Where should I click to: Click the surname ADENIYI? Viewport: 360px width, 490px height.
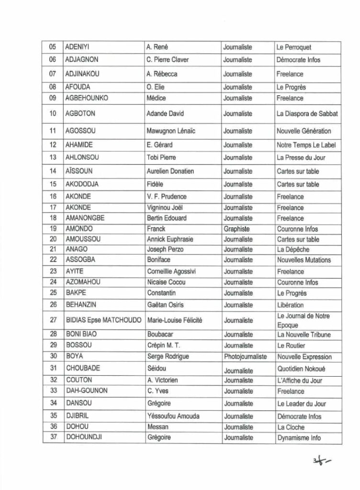pyautogui.click(x=78, y=47)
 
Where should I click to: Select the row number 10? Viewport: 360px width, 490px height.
pyautogui.click(x=53, y=114)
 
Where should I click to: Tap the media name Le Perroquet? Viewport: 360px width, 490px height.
pyautogui.click(x=294, y=47)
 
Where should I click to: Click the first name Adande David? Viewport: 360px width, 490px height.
pyautogui.click(x=166, y=114)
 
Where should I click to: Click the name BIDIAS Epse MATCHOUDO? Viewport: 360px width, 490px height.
pyautogui.click(x=103, y=320)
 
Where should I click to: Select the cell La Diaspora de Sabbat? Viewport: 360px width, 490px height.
pyautogui.click(x=307, y=114)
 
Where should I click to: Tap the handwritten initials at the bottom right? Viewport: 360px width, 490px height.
pyautogui.click(x=321, y=461)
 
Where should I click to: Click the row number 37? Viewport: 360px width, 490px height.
pyautogui.click(x=53, y=437)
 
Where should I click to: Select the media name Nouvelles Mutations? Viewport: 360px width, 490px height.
pyautogui.click(x=304, y=260)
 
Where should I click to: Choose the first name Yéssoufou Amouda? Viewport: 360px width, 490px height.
pyautogui.click(x=174, y=416)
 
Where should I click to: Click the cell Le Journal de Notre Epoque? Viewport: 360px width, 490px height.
pyautogui.click(x=303, y=320)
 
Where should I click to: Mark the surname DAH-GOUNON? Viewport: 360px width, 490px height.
pyautogui.click(x=86, y=390)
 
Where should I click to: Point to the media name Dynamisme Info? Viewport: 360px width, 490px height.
pyautogui.click(x=299, y=437)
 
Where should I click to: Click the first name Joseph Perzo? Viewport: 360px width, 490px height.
pyautogui.click(x=165, y=249)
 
